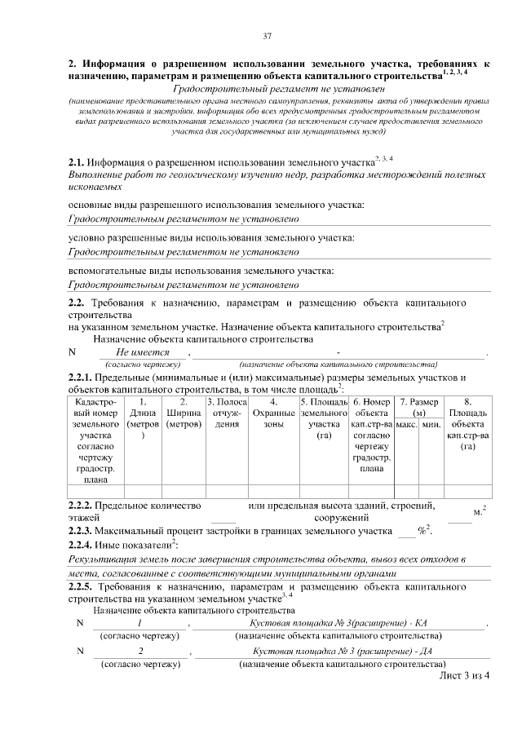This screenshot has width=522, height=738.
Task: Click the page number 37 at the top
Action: point(267,36)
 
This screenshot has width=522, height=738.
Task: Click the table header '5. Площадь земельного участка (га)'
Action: point(324,419)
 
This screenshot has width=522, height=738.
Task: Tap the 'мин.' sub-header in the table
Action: point(431,425)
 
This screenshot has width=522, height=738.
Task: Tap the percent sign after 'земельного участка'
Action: point(422,531)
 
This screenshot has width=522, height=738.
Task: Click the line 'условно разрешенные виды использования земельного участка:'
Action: point(210,237)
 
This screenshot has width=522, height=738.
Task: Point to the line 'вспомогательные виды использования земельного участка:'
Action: point(201,271)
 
